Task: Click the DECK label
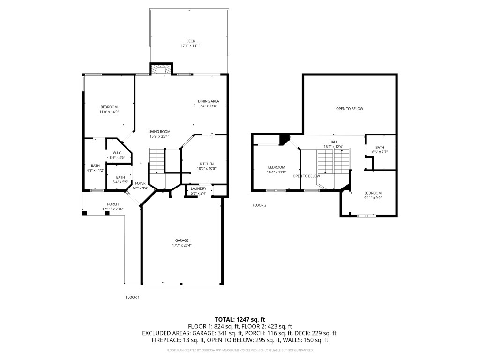190,41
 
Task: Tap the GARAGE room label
183,240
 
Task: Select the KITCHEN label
206,164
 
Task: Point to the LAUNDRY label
199,188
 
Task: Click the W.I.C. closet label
117,153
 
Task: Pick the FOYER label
141,183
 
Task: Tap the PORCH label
112,204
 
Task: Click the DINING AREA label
209,101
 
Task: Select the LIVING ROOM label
159,131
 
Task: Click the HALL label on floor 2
333,142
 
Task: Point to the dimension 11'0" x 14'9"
109,112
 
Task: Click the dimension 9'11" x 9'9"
373,198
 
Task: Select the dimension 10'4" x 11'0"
277,172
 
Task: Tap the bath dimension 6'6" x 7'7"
380,152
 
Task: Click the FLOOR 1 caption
133,297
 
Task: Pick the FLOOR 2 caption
259,205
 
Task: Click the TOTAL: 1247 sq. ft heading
240,319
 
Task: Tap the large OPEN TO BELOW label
350,109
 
